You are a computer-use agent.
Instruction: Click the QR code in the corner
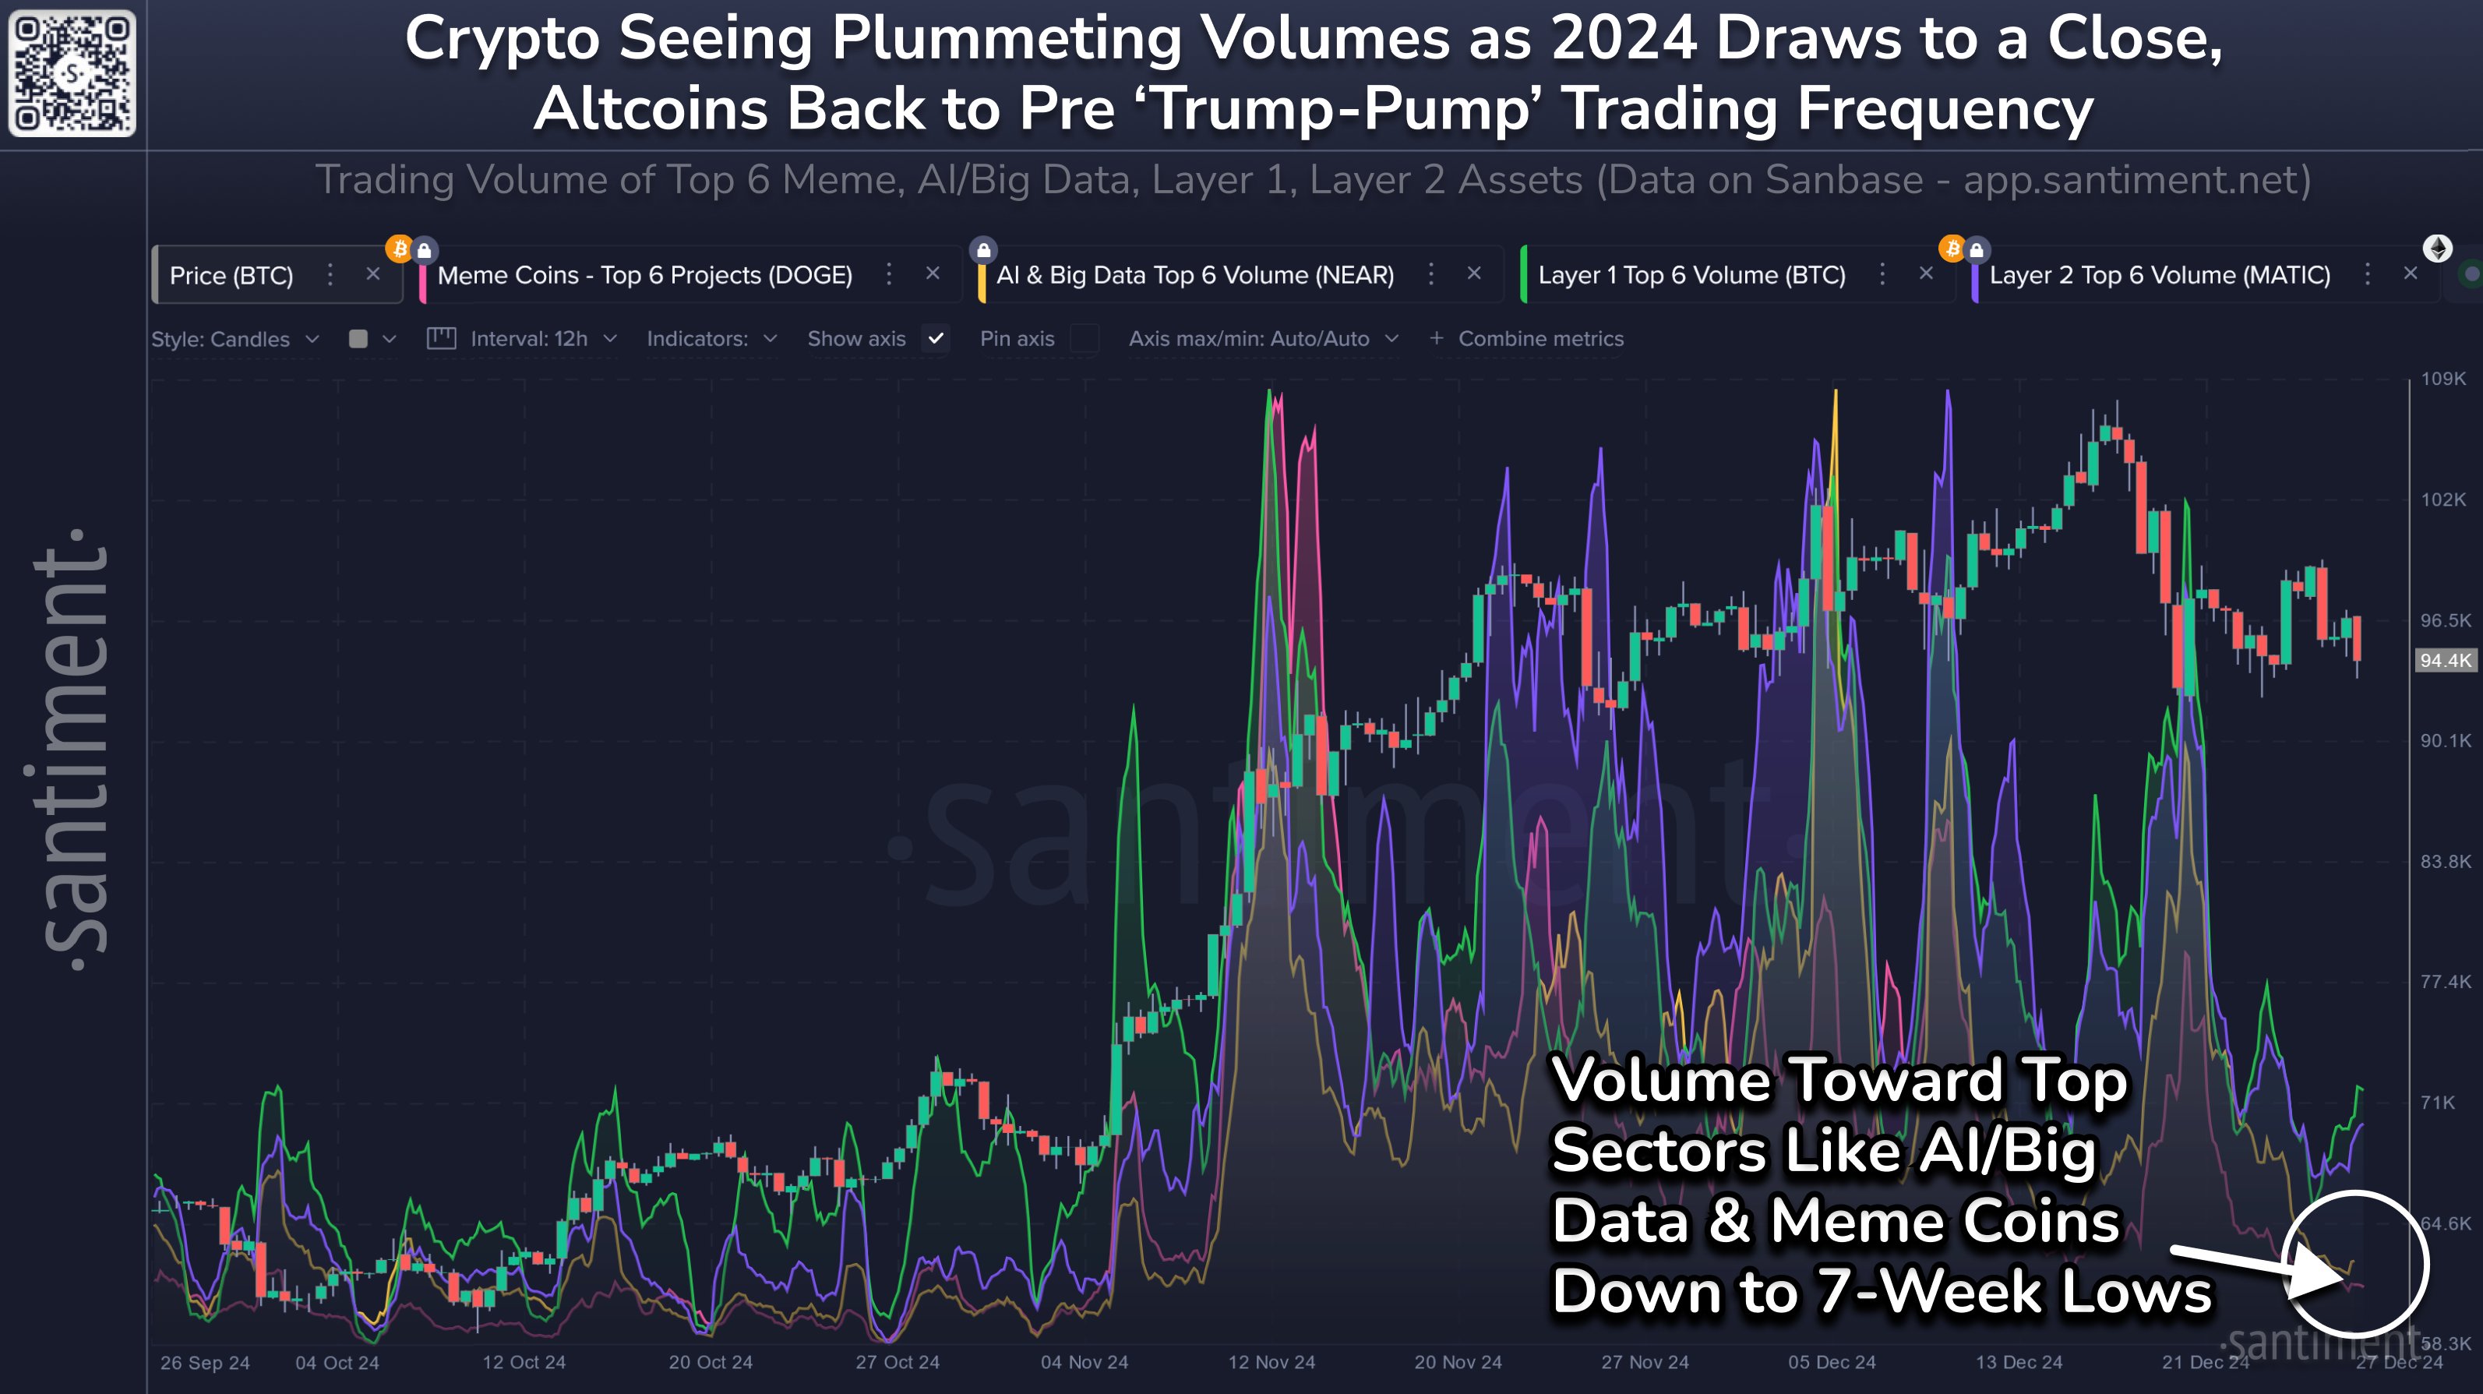[72, 72]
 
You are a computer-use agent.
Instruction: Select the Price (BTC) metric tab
[231, 276]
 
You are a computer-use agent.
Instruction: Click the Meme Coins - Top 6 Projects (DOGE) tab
[644, 276]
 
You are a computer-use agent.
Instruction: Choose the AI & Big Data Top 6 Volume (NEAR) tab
[1194, 276]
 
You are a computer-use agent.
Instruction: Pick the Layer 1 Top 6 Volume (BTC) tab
[1691, 276]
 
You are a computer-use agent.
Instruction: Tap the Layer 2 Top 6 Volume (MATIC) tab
[2159, 276]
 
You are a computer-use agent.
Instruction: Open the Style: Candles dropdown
[235, 339]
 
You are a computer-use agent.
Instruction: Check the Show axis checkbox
[935, 338]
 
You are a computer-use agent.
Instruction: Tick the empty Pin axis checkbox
[1085, 338]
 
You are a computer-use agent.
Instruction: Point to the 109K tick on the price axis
[2442, 379]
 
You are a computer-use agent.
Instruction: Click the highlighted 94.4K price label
[2446, 660]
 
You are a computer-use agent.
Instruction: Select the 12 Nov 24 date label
[1271, 1362]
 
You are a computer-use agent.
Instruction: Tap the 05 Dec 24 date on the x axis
[1832, 1362]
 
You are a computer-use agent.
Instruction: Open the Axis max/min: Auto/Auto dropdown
[1263, 339]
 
